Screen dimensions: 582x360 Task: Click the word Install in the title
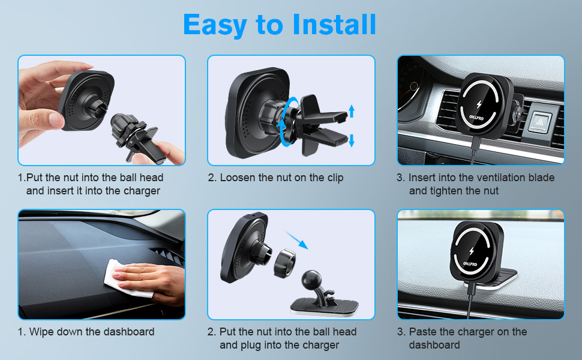tap(334, 25)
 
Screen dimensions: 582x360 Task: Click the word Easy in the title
tap(215, 26)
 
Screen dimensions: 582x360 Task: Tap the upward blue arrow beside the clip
tap(352, 111)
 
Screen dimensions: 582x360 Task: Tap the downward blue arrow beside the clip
tap(352, 140)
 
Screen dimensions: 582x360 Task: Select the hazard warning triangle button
tap(539, 121)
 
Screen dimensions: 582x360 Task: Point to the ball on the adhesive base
tap(312, 279)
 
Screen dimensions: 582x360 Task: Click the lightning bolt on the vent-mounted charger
tap(479, 104)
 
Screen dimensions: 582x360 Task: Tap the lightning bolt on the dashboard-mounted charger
tap(472, 251)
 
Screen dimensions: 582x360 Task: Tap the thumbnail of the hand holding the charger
tap(102, 110)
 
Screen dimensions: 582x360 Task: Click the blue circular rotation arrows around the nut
tap(289, 122)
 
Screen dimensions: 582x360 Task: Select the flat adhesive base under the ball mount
tap(325, 307)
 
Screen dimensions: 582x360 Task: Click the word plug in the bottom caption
tap(251, 346)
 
